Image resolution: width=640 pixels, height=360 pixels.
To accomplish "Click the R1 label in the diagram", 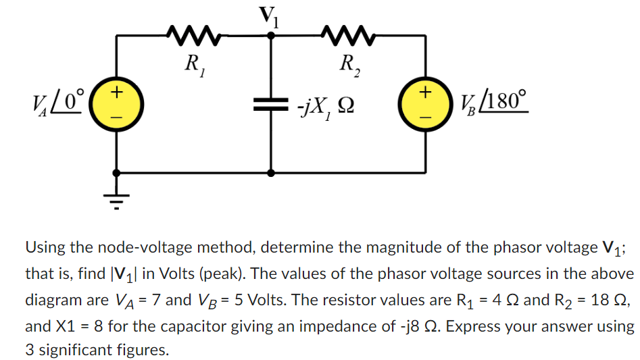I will [194, 66].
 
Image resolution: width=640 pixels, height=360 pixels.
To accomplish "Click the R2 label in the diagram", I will [350, 66].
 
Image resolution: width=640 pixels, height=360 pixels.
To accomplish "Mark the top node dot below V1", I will [272, 37].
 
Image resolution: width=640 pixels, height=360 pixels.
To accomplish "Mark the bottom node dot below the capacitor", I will [272, 173].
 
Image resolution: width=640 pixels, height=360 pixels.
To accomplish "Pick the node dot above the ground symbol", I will [117, 173].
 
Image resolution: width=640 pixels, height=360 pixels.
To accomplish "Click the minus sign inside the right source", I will [425, 117].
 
